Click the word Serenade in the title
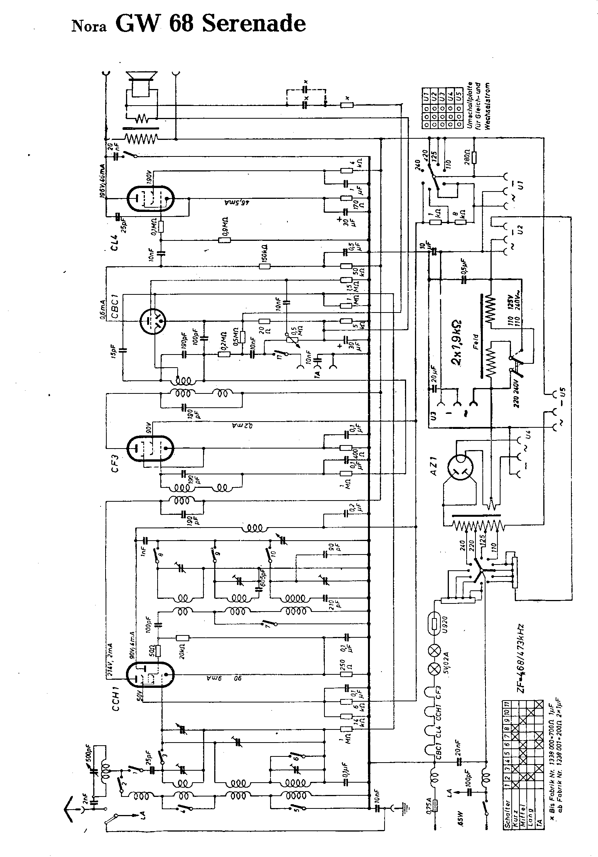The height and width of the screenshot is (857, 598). pyautogui.click(x=253, y=24)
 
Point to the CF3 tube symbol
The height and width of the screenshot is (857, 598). pyautogui.click(x=150, y=448)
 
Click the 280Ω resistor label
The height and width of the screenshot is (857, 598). pyautogui.click(x=466, y=157)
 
